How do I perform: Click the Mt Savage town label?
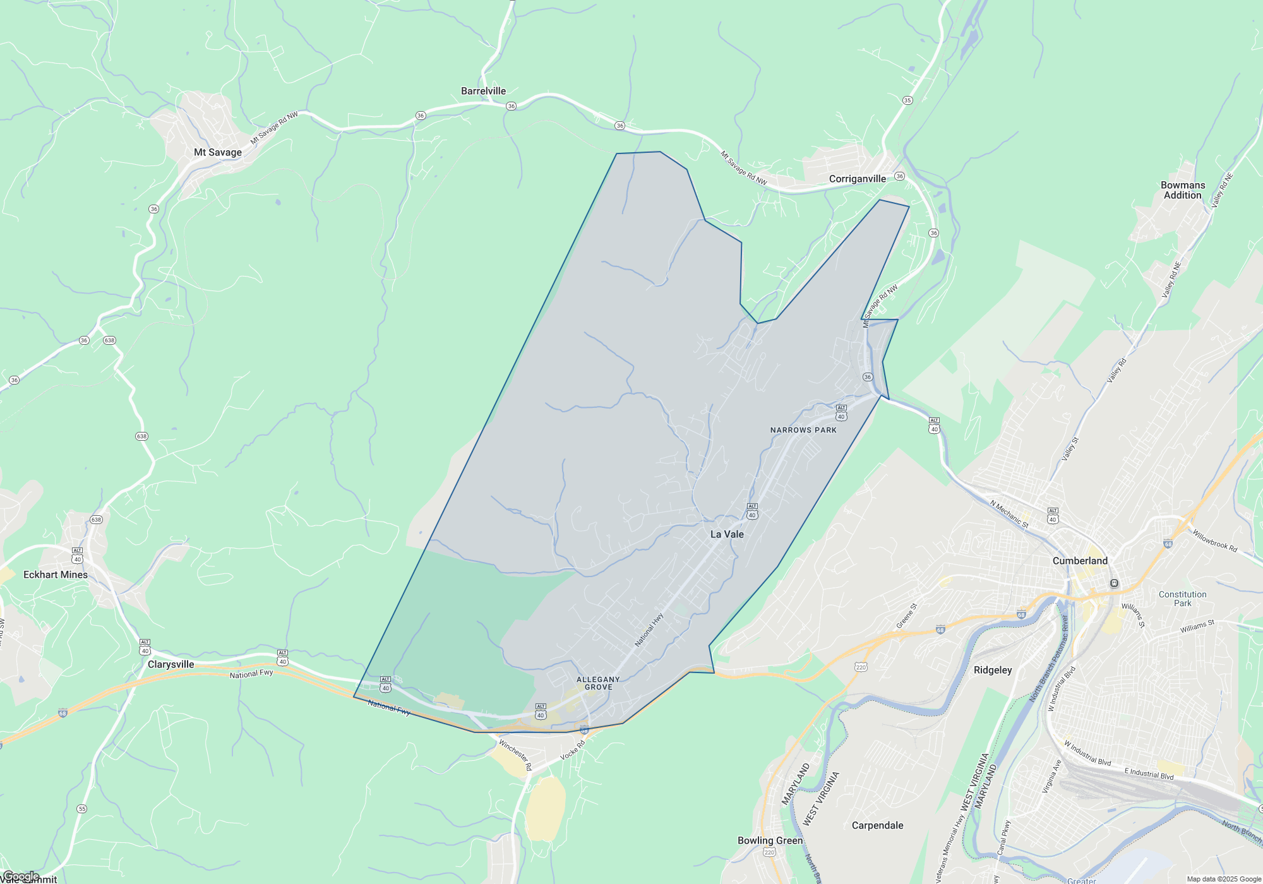(x=217, y=152)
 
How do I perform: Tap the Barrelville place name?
(x=483, y=91)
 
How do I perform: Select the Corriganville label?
(x=857, y=179)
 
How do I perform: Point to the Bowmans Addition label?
(x=1182, y=190)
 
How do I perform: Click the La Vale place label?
(x=727, y=534)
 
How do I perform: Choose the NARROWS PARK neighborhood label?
(x=803, y=430)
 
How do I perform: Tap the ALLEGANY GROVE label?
(x=598, y=683)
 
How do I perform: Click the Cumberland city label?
(x=1080, y=561)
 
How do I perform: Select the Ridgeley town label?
(x=993, y=670)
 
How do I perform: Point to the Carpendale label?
(x=877, y=825)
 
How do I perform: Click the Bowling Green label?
(x=770, y=840)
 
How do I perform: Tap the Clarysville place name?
(x=171, y=664)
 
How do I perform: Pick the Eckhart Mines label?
(x=56, y=575)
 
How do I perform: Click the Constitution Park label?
(x=1182, y=599)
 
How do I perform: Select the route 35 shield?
(x=907, y=100)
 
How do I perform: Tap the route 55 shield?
(x=81, y=809)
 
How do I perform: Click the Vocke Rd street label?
(x=573, y=750)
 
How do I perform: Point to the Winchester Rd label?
(x=515, y=755)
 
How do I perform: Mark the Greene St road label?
(x=906, y=616)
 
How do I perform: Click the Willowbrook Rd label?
(x=1214, y=541)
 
